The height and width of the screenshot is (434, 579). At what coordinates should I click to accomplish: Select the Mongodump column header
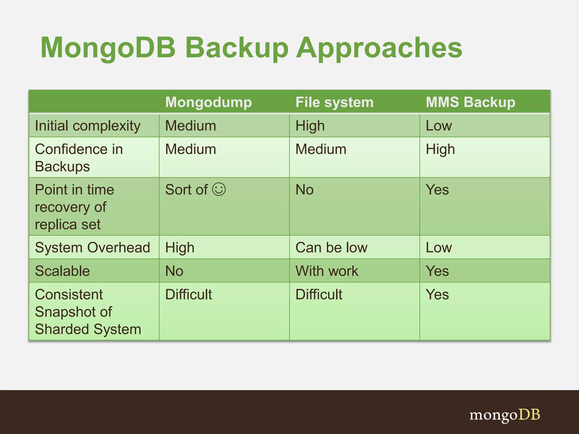pyautogui.click(x=208, y=102)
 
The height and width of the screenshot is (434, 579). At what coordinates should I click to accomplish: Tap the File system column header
pyautogui.click(x=334, y=102)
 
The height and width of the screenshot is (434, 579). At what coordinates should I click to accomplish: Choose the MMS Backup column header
pyautogui.click(x=470, y=102)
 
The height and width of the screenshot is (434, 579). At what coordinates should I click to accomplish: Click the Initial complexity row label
pyautogui.click(x=88, y=126)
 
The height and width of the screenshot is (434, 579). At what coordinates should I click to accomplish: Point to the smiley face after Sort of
pyautogui.click(x=219, y=189)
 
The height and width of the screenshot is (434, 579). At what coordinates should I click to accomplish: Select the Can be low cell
pyautogui.click(x=331, y=248)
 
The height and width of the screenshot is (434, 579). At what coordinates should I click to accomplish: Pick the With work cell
pyautogui.click(x=327, y=271)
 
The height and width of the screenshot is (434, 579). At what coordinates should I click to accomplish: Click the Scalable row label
pyautogui.click(x=62, y=271)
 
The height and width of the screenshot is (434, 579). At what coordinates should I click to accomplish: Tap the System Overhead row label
pyautogui.click(x=92, y=248)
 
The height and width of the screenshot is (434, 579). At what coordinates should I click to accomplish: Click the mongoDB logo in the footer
pyautogui.click(x=505, y=415)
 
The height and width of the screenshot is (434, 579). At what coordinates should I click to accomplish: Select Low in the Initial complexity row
pyautogui.click(x=439, y=126)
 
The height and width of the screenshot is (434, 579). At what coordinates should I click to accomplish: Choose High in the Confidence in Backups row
pyautogui.click(x=440, y=149)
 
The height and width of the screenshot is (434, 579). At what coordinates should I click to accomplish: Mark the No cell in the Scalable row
pyautogui.click(x=174, y=271)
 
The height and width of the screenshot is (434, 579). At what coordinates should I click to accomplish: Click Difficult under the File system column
pyautogui.click(x=319, y=294)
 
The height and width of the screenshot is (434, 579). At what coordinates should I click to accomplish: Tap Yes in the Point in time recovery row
pyautogui.click(x=437, y=190)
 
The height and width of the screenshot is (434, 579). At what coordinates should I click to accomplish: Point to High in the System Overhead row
pyautogui.click(x=180, y=248)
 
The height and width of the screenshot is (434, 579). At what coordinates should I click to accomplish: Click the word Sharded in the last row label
pyautogui.click(x=62, y=329)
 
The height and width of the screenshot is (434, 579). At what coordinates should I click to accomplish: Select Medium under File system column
pyautogui.click(x=321, y=149)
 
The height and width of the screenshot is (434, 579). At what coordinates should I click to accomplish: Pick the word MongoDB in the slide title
pyautogui.click(x=108, y=48)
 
